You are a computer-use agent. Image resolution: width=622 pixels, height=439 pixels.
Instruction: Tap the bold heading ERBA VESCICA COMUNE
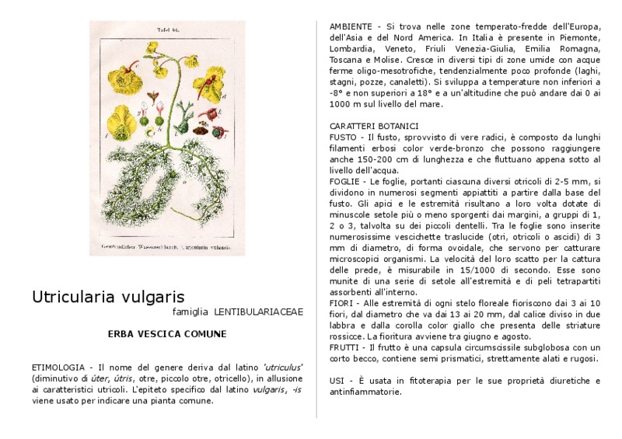(167, 334)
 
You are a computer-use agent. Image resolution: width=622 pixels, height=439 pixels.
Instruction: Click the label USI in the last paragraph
(337, 381)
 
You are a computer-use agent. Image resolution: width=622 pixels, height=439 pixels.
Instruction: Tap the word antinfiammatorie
(365, 392)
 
